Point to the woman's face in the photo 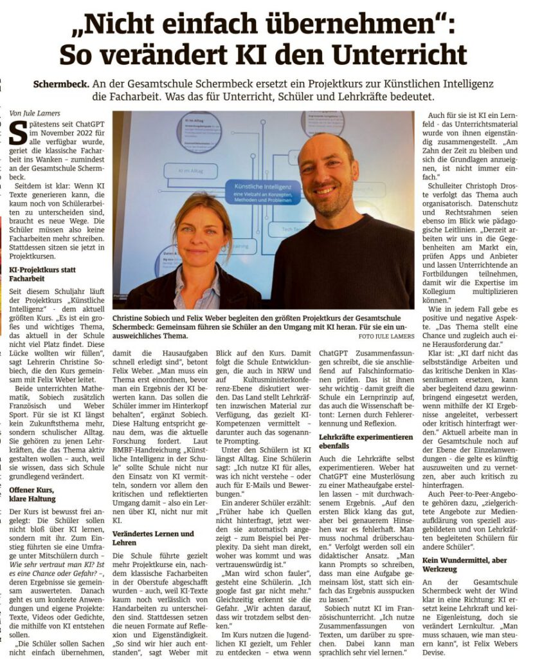[201, 237]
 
